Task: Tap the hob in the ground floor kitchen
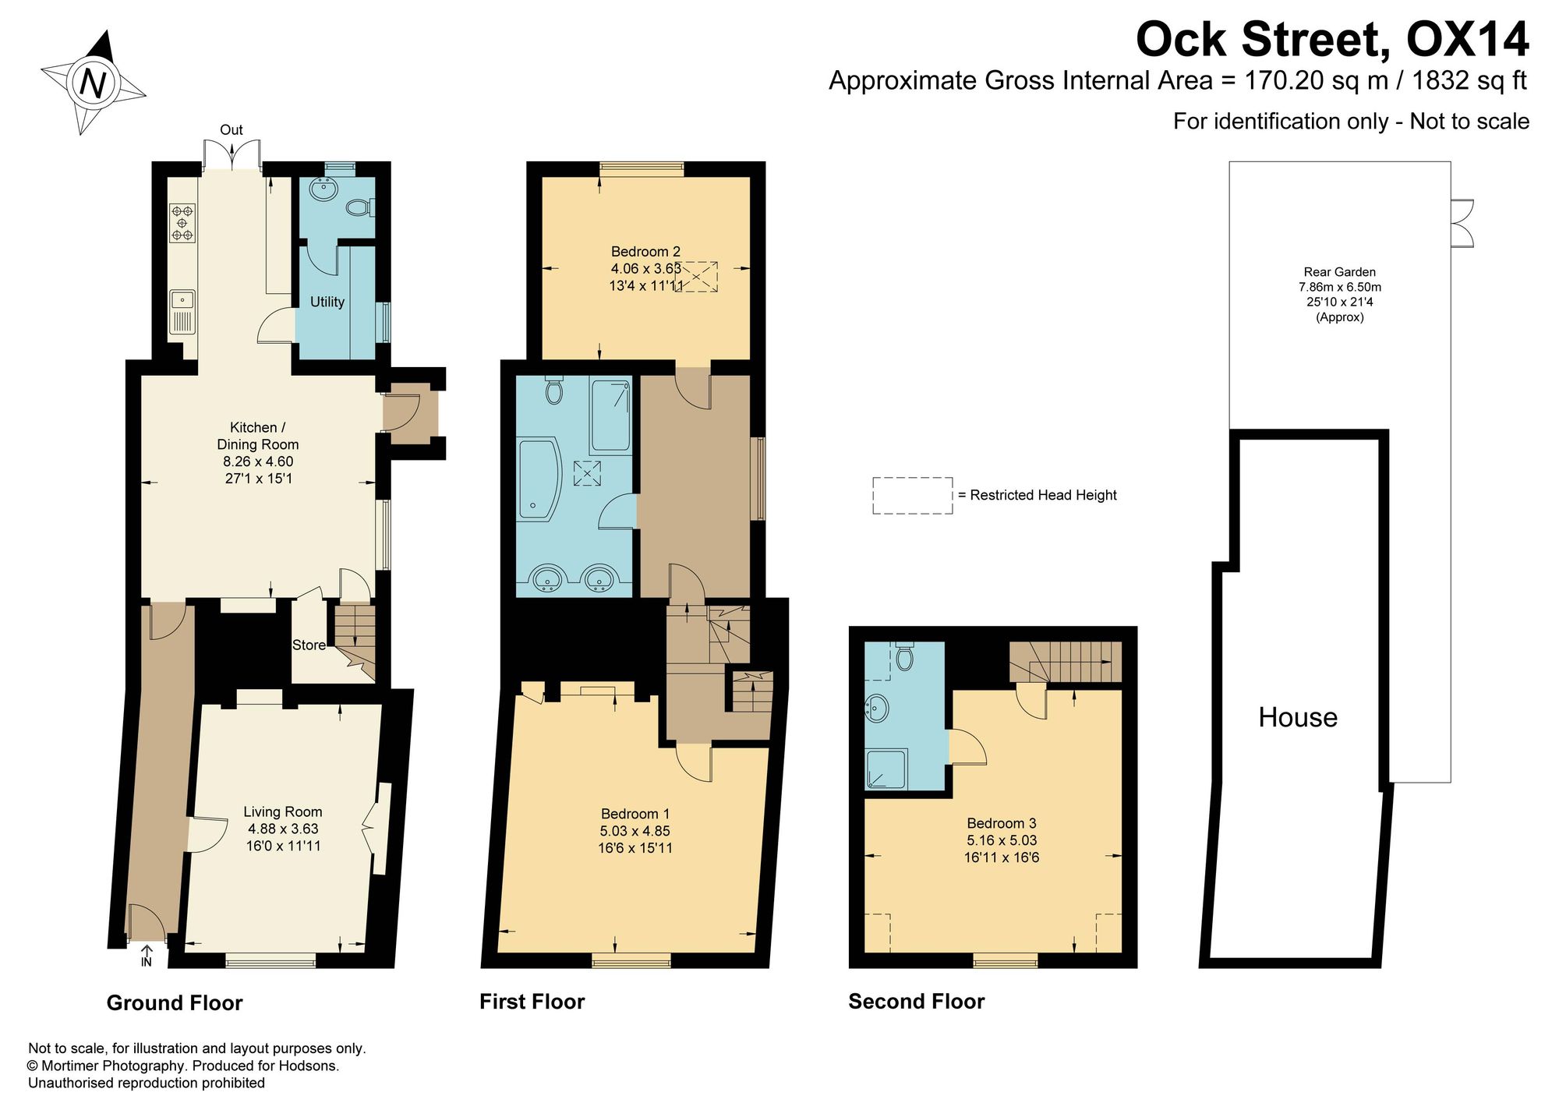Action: pos(182,222)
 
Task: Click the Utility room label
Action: pos(327,302)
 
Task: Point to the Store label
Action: pos(309,645)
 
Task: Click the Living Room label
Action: pos(282,811)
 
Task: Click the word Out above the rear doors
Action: pos(232,130)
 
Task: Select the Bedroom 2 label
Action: pos(645,251)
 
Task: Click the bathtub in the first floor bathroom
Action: pos(539,479)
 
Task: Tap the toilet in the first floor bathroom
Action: pos(554,390)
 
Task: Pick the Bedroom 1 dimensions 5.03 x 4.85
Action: pos(635,831)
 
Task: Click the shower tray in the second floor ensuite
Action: pos(886,769)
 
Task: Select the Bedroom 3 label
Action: pos(1002,823)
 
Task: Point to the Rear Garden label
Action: pos(1340,272)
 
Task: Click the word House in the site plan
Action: pos(1298,717)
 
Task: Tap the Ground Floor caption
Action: pos(175,1003)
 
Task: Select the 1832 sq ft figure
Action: pos(1469,80)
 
